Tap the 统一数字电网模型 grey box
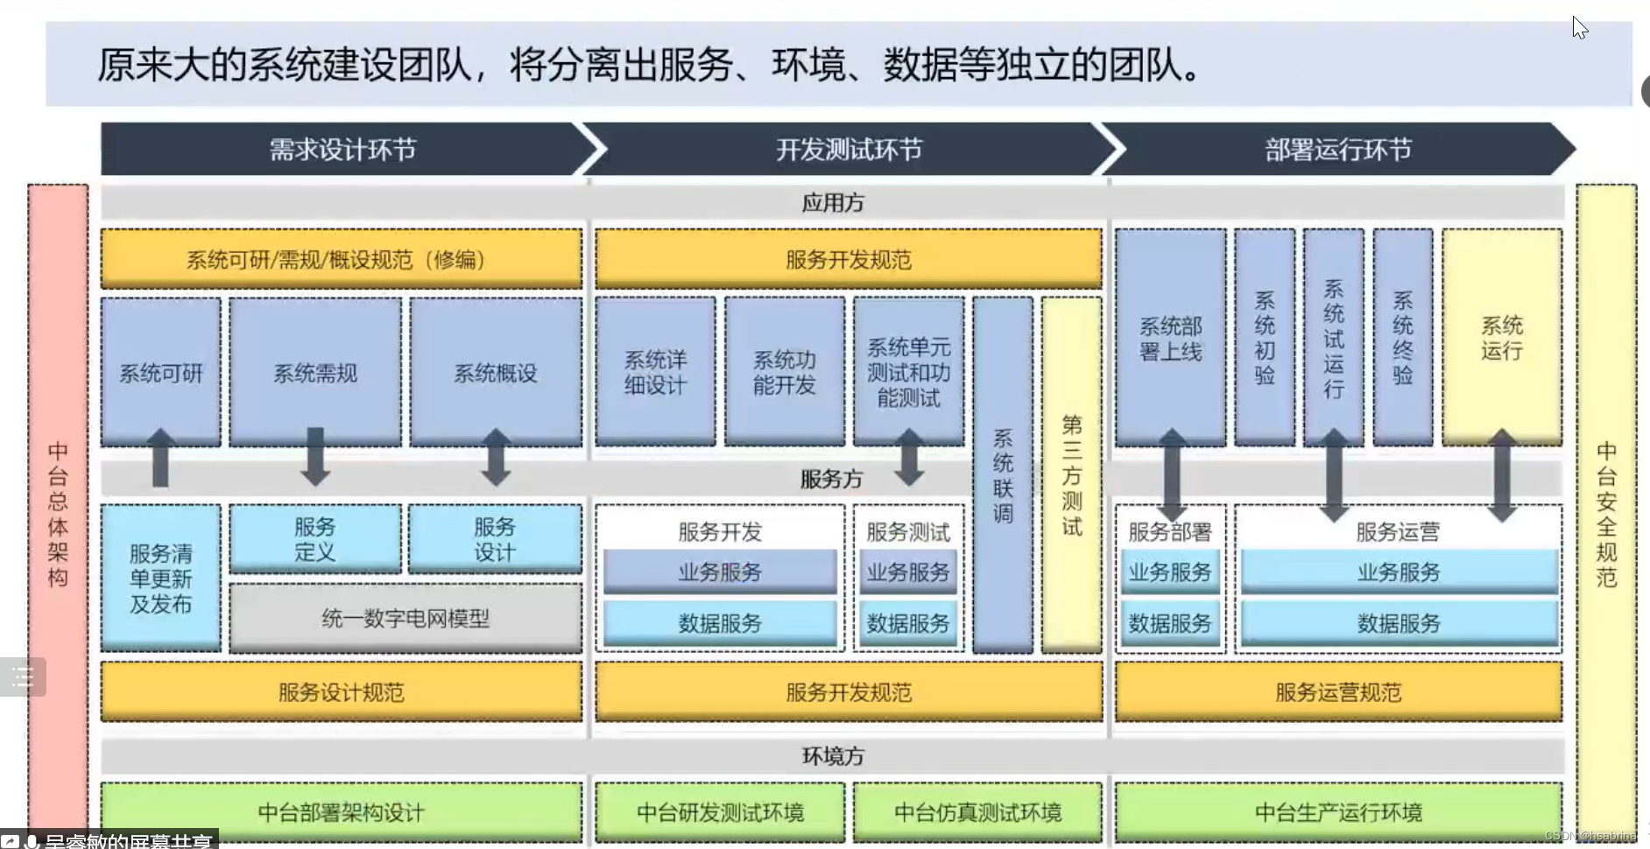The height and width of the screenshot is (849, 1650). point(405,619)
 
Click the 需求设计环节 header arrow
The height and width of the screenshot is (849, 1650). point(342,150)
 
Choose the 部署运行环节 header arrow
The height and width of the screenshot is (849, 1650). point(1337,150)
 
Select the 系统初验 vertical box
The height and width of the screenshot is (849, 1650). point(1265,338)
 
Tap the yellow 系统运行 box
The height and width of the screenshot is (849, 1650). point(1501,338)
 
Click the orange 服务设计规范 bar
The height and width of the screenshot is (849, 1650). point(342,692)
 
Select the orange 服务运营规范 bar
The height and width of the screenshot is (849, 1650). point(1338,692)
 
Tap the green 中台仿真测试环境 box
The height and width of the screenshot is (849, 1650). point(977,812)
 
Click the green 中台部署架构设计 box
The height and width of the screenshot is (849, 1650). point(342,812)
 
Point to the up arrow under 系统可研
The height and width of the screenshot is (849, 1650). point(160,458)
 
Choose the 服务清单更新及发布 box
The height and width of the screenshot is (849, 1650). point(160,578)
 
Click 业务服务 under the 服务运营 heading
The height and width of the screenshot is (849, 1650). point(1399,572)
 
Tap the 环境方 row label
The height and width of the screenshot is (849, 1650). point(833,755)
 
